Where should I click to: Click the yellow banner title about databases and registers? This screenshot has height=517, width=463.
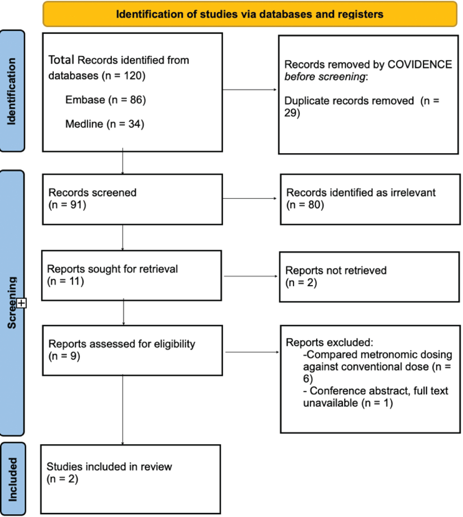click(249, 14)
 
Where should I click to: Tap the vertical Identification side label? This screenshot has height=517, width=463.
click(12, 91)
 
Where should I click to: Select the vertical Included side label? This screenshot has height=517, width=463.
click(12, 479)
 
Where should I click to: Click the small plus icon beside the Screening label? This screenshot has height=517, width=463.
click(22, 303)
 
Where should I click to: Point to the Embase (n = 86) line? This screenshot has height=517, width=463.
click(105, 100)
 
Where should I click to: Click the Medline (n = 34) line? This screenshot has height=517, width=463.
click(105, 124)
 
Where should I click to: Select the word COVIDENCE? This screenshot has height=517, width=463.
click(419, 64)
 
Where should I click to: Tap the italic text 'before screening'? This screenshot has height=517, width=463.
click(325, 77)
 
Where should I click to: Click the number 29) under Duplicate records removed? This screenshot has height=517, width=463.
click(292, 113)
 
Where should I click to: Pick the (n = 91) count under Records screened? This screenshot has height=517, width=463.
click(67, 205)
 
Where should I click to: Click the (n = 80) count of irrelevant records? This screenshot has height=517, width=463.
click(305, 205)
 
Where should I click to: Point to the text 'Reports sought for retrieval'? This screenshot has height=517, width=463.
click(112, 269)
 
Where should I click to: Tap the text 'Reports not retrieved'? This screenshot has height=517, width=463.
click(336, 271)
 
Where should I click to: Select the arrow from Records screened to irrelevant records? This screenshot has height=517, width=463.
click(249, 198)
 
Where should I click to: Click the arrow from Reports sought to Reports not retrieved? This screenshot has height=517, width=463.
click(250, 276)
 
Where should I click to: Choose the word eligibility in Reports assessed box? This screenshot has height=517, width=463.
click(174, 344)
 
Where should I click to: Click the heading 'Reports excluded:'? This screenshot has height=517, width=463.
click(329, 342)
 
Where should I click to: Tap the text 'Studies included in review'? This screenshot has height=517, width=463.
click(109, 467)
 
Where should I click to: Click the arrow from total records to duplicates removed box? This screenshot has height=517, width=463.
click(249, 90)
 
